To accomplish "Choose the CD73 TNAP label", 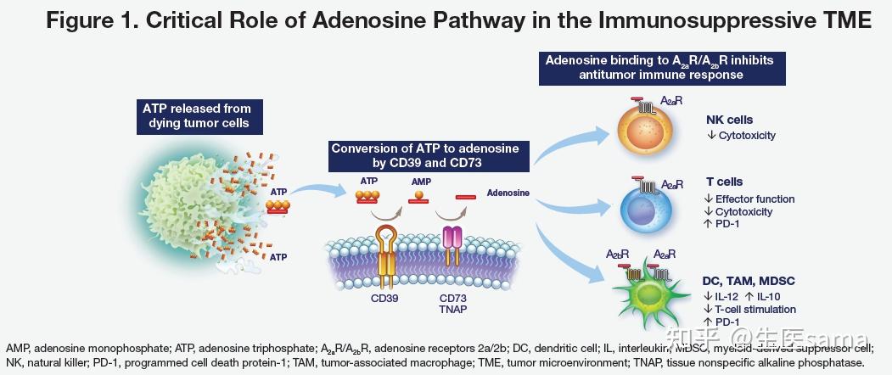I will pos(453,304).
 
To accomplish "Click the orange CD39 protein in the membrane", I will pos(386,254).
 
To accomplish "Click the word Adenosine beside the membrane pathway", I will pos(508,193).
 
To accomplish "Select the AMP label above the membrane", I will pos(420,182).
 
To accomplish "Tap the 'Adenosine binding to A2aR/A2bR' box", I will pos(659,67).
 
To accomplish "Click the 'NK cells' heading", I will pos(729,120).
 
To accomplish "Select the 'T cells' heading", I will pos(724,182).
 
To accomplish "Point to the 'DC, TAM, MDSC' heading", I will pos(748,281).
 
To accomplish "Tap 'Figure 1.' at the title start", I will pos(93,22).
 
